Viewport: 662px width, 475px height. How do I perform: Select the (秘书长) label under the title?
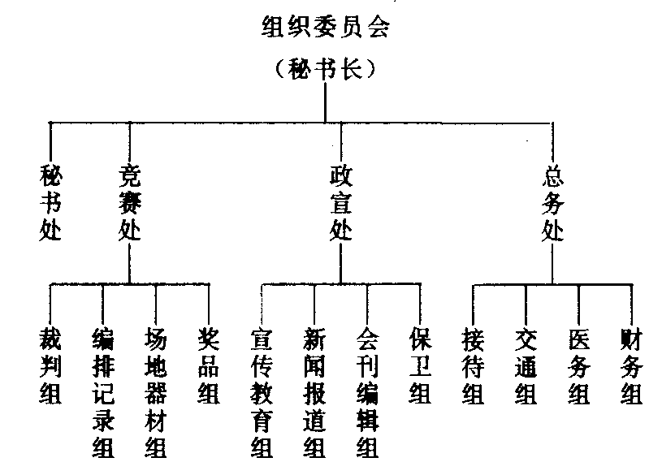pos(325,70)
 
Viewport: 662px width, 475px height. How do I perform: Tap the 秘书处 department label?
pos(50,202)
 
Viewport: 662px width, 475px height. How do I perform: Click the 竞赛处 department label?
pos(130,202)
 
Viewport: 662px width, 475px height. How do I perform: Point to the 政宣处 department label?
pos(341,202)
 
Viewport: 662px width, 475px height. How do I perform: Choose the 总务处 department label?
pos(553,202)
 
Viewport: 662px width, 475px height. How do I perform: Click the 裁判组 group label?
pos(50,365)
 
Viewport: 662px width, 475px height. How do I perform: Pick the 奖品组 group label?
pos(209,365)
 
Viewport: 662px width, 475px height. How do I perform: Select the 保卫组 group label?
pos(420,365)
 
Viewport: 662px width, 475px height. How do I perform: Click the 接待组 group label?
pos(474,365)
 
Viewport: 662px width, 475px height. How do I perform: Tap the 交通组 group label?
pos(526,365)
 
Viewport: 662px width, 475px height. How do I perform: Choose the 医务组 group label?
pos(578,365)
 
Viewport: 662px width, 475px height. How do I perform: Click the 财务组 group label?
pos(631,365)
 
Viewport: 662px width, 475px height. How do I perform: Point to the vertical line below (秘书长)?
pos(325,101)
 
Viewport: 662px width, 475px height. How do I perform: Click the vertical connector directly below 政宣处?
pos(341,263)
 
